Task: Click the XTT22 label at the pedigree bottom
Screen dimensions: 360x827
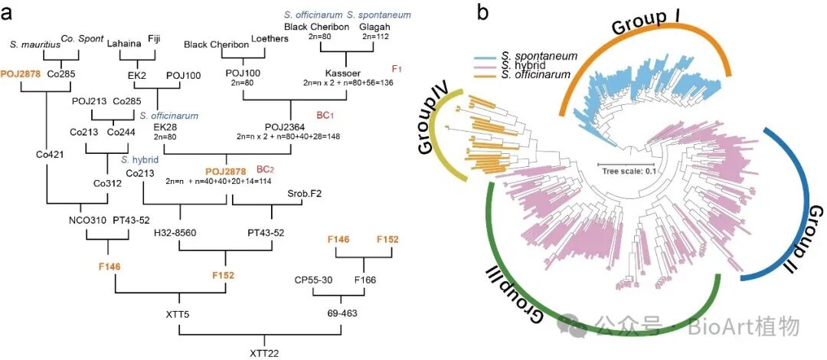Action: [262, 352]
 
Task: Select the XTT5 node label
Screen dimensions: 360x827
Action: [178, 315]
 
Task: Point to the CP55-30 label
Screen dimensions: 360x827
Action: [312, 281]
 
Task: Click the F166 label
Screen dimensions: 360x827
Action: [365, 281]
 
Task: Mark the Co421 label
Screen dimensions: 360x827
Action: [48, 153]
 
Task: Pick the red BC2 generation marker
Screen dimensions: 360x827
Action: [265, 169]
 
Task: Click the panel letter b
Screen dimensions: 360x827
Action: [483, 12]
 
